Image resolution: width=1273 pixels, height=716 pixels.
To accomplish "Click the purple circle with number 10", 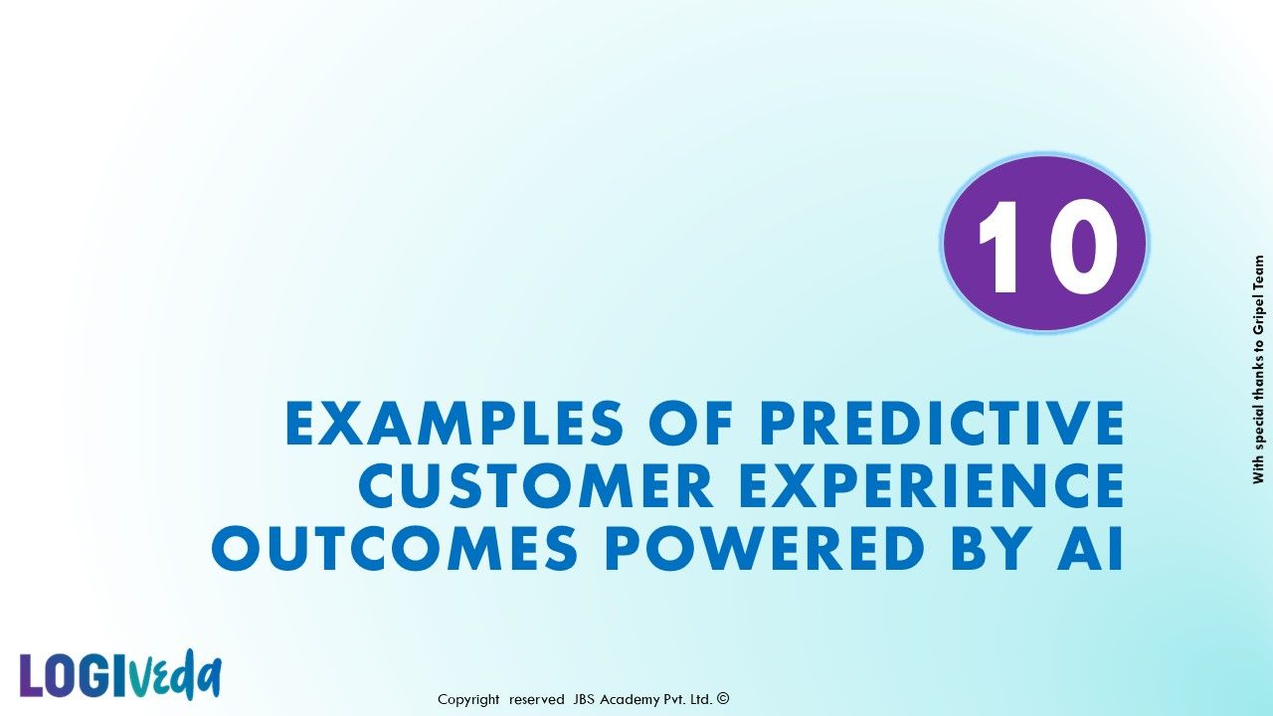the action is [1044, 244].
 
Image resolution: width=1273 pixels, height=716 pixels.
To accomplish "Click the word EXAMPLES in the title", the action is [455, 423].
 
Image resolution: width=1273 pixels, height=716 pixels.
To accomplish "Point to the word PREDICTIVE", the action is [942, 423].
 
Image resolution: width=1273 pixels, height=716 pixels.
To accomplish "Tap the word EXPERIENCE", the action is [932, 485].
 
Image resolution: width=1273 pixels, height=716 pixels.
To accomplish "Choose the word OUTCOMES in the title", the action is [395, 548].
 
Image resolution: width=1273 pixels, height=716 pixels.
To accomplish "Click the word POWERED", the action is [765, 548].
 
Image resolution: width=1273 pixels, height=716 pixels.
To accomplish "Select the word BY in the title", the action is [992, 548].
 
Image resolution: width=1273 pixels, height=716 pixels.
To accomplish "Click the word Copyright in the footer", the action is [468, 699].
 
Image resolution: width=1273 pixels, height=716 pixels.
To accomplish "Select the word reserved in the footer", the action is [536, 699].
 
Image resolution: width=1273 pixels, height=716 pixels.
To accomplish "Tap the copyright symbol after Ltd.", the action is [723, 698].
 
